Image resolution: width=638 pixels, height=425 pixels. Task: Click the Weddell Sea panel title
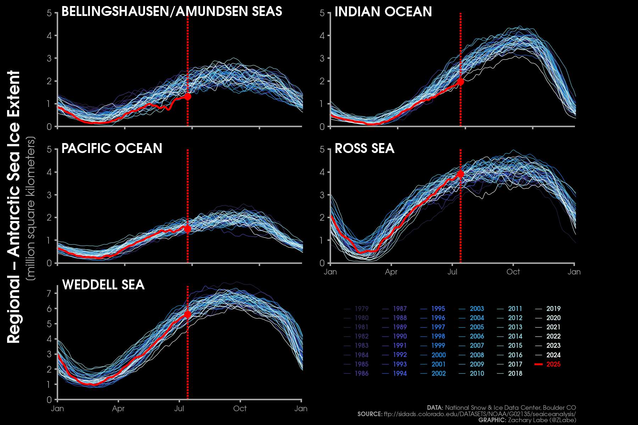(x=103, y=285)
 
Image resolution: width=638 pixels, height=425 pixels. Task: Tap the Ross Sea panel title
(x=364, y=148)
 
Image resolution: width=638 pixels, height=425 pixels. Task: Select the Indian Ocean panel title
(x=383, y=12)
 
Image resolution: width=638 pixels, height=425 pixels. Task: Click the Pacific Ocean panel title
(x=112, y=148)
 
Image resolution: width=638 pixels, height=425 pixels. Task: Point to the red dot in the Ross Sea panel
(x=460, y=174)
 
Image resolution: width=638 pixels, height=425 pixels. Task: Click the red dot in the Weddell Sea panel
(x=188, y=314)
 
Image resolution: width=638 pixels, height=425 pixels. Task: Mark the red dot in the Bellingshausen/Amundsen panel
(x=188, y=96)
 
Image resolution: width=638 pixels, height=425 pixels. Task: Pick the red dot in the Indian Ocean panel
(x=460, y=81)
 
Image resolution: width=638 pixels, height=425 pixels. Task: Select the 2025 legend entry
(x=553, y=364)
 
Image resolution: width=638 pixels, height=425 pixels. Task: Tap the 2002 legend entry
(x=438, y=373)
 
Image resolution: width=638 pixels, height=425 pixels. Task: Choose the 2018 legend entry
(x=515, y=373)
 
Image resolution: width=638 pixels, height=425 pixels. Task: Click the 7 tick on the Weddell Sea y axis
(x=49, y=293)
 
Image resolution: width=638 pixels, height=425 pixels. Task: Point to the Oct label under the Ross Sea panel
(x=513, y=272)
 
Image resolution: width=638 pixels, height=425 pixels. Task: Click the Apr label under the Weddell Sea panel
(x=118, y=408)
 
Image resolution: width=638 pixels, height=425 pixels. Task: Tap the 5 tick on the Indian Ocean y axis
(x=322, y=13)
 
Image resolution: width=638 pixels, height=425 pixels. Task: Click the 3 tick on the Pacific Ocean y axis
(x=49, y=195)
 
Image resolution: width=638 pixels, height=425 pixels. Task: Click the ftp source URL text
(x=480, y=414)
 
